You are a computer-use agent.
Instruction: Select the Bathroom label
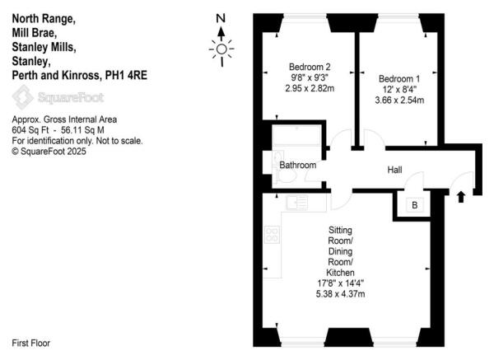coord(297,166)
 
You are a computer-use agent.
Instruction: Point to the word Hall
coord(395,170)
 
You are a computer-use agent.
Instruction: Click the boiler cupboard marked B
coord(414,204)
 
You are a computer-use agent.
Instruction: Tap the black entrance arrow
coord(460,196)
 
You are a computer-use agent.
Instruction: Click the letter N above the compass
coord(220,18)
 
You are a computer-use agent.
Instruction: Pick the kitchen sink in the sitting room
coord(297,201)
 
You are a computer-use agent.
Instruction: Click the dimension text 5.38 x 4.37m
coord(340,294)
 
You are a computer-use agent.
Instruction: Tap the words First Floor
coord(36,341)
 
